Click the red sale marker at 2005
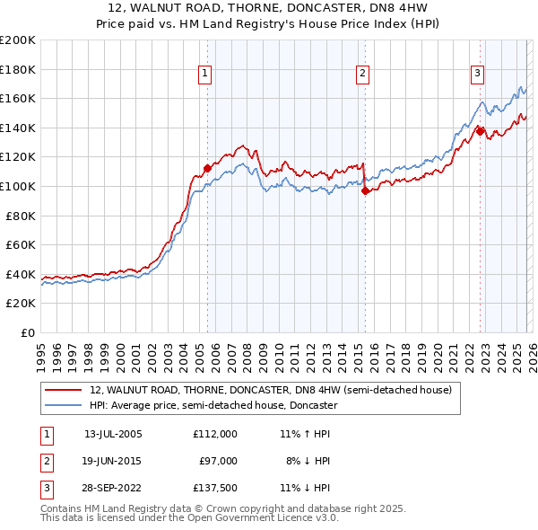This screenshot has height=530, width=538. coord(207,167)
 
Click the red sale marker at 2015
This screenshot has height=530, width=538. coord(365,190)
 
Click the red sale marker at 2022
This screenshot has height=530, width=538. coord(480,131)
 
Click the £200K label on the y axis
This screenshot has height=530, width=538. coord(18,40)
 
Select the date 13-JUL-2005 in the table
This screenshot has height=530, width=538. coord(112,433)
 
